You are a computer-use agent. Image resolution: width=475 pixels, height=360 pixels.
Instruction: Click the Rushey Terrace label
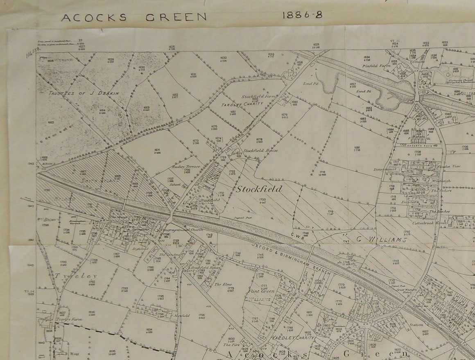pyautogui.click(x=187, y=167)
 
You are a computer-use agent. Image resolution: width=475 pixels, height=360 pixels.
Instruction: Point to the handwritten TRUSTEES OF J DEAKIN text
pyautogui.click(x=84, y=93)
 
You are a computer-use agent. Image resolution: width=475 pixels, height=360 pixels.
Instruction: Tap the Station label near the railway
pyautogui.click(x=416, y=325)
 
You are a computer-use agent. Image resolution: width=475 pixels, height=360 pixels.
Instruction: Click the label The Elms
pyautogui.click(x=220, y=284)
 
